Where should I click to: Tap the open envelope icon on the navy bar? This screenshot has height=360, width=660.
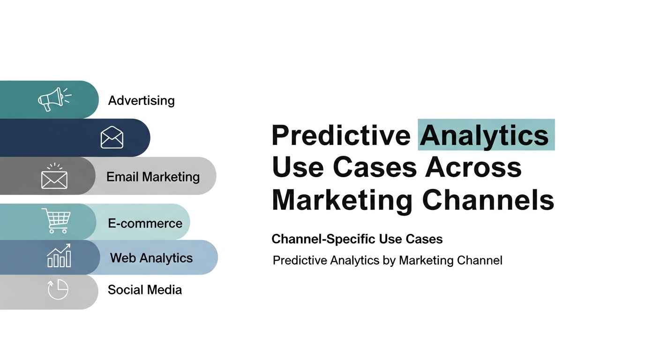click(112, 137)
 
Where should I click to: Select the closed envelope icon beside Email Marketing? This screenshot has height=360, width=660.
click(54, 178)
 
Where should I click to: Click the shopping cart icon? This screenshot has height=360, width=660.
click(56, 221)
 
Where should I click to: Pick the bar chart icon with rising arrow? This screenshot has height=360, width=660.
click(59, 256)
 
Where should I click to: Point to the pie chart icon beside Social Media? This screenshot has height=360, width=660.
click(58, 290)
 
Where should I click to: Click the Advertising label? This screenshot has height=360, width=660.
click(141, 100)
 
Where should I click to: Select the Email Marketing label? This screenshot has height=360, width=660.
click(153, 177)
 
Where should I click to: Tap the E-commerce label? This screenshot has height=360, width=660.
click(145, 223)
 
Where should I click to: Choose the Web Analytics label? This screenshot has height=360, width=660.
click(151, 258)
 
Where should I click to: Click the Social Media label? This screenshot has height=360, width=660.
click(145, 290)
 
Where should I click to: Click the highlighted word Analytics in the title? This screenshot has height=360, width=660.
click(485, 135)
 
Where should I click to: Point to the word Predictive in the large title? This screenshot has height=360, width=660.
click(341, 135)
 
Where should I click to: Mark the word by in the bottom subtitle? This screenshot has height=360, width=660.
click(389, 260)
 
